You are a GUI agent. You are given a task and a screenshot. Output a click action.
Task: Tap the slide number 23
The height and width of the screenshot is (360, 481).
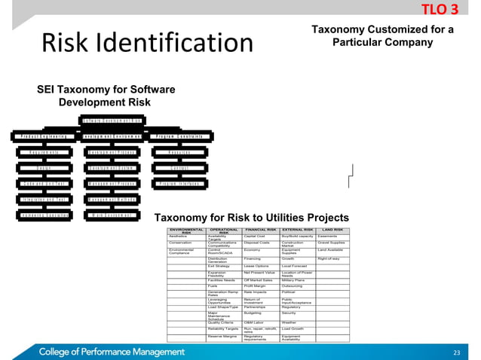(455, 352)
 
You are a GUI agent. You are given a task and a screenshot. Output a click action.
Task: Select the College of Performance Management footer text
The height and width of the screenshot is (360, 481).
(112, 351)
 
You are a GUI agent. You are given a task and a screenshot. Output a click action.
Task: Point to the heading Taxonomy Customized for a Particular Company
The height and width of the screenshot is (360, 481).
(382, 35)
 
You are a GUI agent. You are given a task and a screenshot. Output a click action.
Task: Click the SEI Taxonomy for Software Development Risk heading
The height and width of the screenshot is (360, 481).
(106, 96)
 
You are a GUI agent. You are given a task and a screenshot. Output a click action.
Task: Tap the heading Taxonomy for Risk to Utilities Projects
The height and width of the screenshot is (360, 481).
(251, 218)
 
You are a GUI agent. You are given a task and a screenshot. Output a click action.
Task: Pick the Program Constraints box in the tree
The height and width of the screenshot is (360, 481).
(178, 136)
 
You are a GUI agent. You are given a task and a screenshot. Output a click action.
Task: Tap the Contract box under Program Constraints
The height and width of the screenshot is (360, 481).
(178, 167)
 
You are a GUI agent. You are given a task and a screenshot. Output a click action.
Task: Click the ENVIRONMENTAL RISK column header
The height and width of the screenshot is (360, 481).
(186, 231)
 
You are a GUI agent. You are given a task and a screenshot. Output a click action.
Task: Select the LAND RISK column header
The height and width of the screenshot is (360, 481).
(332, 230)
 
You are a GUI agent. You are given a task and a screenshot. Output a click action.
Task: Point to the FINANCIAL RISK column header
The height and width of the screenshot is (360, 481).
(261, 230)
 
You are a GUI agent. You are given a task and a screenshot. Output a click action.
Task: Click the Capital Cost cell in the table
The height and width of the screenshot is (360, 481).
(254, 236)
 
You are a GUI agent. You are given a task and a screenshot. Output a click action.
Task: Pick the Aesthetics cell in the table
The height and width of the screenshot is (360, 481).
(179, 236)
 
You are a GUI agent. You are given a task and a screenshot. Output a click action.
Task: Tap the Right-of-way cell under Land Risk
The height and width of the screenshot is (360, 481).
(330, 258)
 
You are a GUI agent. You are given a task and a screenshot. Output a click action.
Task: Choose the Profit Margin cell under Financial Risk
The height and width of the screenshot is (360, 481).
(255, 285)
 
